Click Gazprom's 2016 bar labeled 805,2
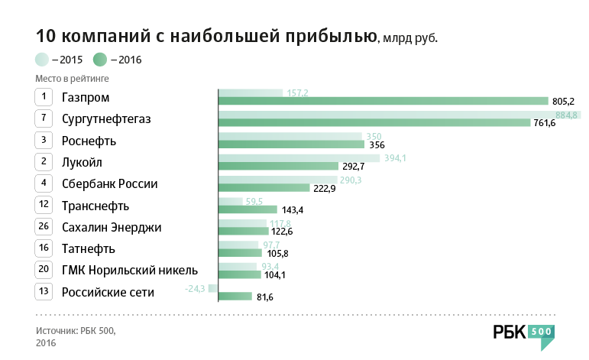(x=383, y=101)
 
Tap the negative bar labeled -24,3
(x=213, y=288)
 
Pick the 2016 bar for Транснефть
(x=248, y=209)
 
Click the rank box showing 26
(x=44, y=227)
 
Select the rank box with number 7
(x=44, y=118)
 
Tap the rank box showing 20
(x=44, y=270)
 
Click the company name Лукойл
(x=82, y=162)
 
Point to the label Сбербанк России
(x=109, y=183)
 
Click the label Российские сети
(x=108, y=292)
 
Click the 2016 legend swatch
(x=99, y=59)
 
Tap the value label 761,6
(x=544, y=123)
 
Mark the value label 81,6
(x=265, y=297)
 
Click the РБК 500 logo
(x=523, y=334)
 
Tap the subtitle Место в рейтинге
(x=72, y=78)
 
